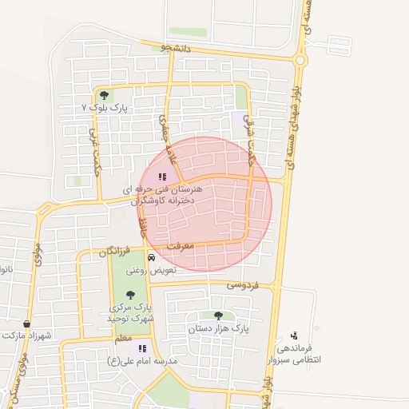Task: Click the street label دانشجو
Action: pos(176,48)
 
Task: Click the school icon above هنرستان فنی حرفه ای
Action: pos(162,177)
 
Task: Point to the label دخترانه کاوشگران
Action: pos(163,202)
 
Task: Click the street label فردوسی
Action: pos(243,284)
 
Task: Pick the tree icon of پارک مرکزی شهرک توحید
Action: pos(130,295)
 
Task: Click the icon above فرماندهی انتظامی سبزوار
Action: pos(294,336)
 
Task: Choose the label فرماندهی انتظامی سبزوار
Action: pos(299,354)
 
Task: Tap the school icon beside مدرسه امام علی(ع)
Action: pos(142,348)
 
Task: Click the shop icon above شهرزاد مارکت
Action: pos(28,324)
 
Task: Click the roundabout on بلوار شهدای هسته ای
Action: pos(300,59)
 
